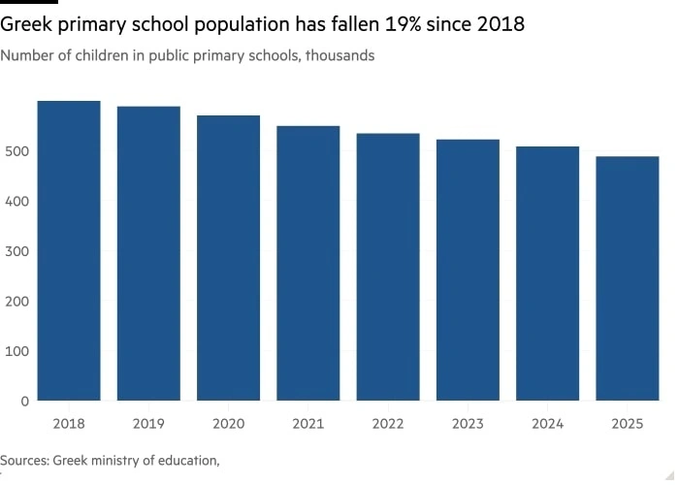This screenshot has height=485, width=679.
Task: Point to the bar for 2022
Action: (388, 267)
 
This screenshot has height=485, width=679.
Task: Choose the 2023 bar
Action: (468, 270)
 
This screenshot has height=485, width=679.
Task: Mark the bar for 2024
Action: (547, 274)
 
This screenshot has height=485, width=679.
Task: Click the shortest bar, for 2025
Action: (628, 278)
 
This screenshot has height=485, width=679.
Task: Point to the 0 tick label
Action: (25, 401)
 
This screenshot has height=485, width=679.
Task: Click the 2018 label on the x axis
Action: (69, 423)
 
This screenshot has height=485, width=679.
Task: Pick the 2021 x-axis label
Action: (308, 423)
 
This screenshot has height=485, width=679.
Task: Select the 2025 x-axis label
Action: (628, 423)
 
